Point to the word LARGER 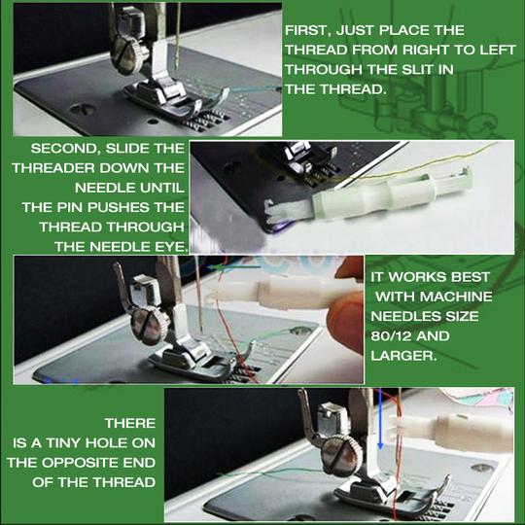tap(402, 355)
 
